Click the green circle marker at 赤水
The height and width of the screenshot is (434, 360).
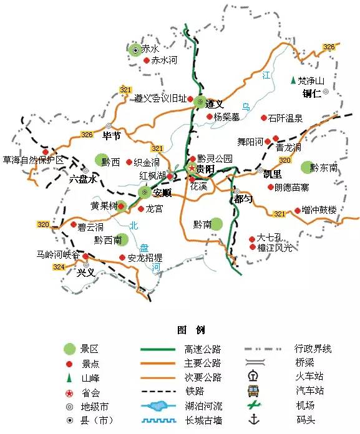point(134,49)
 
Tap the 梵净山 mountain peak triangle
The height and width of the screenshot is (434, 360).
point(292,80)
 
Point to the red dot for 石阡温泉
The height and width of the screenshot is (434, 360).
point(263,117)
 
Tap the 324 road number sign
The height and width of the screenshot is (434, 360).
point(59,267)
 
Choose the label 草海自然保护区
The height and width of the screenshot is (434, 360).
point(33,160)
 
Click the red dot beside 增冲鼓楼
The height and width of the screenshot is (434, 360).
point(297,210)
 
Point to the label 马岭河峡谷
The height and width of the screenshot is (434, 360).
point(57,254)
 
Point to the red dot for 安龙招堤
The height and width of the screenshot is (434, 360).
point(121,257)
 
